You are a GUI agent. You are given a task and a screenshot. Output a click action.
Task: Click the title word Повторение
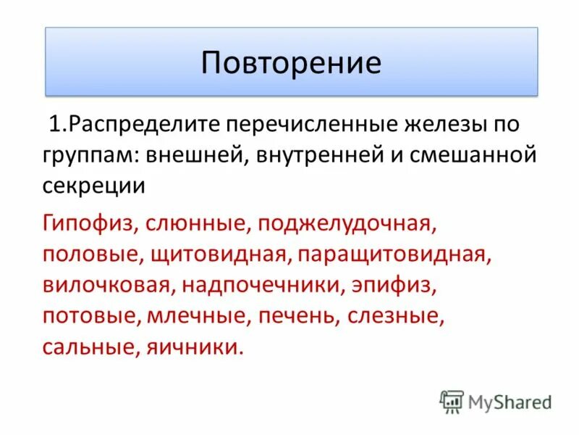(291, 62)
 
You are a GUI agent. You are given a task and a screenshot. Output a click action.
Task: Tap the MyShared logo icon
(452, 401)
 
